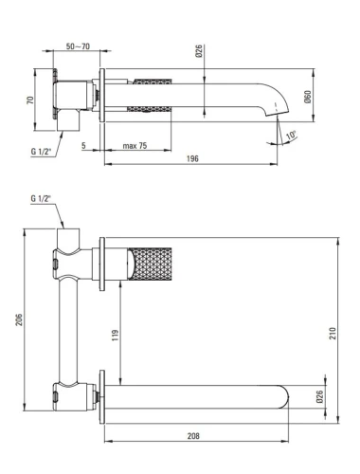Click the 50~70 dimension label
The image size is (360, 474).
pos(78,46)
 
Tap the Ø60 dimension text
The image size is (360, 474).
pos(307,97)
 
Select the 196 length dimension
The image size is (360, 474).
pos(192,158)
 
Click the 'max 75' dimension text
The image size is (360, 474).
pos(135,146)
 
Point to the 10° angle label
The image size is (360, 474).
pos(292,136)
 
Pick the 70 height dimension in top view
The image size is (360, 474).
pos(30,100)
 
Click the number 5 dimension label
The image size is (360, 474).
pos(83,146)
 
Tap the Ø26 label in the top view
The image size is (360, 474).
pos(199,51)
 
